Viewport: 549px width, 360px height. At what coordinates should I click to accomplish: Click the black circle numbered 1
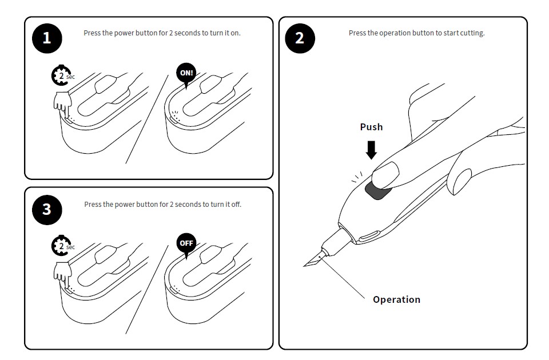point(47,38)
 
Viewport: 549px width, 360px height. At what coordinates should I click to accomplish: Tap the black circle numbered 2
point(300,38)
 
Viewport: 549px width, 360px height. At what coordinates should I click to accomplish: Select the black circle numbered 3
point(47,210)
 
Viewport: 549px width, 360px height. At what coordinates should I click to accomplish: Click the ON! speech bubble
point(186,74)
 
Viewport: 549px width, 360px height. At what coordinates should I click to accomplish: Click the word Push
point(372,127)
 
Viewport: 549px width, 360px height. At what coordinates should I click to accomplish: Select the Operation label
point(397,299)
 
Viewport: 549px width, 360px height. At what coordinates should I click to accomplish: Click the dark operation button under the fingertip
point(376,192)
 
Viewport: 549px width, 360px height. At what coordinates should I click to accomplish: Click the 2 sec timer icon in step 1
point(62,75)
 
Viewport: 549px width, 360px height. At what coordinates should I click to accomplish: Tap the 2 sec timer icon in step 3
point(62,246)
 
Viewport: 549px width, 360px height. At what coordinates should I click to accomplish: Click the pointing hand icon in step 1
point(63,103)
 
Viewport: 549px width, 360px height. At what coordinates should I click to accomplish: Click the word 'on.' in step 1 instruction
point(235,33)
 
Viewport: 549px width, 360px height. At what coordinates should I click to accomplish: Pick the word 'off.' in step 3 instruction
point(236,205)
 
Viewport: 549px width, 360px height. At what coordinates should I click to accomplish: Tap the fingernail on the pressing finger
point(385,174)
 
